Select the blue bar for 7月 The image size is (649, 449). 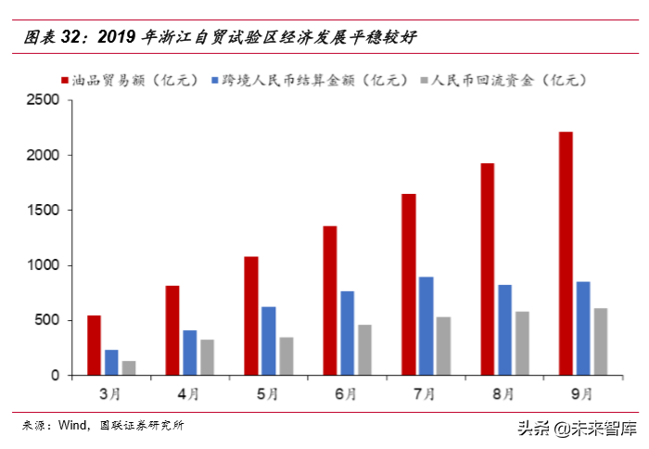click(426, 326)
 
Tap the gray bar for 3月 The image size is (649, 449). click(128, 367)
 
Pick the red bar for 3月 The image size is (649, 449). click(94, 345)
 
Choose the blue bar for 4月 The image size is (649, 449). click(189, 353)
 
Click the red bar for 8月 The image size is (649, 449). click(487, 269)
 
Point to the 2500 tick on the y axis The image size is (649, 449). click(44, 100)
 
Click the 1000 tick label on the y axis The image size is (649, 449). click(44, 265)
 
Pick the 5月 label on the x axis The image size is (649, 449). click(268, 393)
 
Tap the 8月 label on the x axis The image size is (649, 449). click(503, 393)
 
